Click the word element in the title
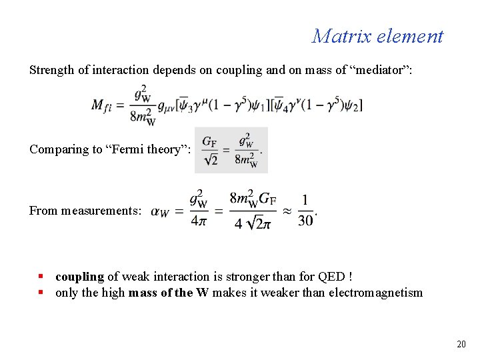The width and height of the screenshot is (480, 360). pos(409,36)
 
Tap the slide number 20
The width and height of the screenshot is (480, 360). pos(461,344)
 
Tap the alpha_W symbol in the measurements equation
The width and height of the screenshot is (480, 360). pos(160,211)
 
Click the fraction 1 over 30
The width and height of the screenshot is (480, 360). pos(305,211)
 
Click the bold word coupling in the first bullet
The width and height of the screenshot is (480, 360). pos(80,277)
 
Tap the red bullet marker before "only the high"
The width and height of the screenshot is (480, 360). pos(41,292)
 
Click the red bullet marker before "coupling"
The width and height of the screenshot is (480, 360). pos(41,276)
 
